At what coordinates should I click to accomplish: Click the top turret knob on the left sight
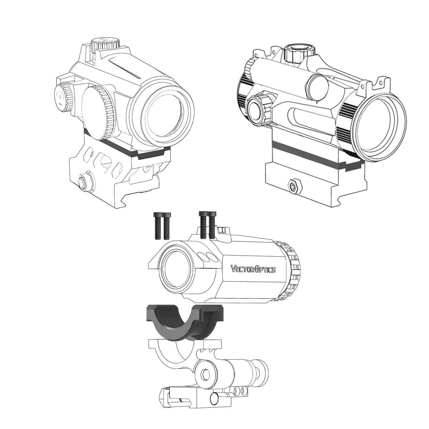(105, 44)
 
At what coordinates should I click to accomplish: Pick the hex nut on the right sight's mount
(295, 186)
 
